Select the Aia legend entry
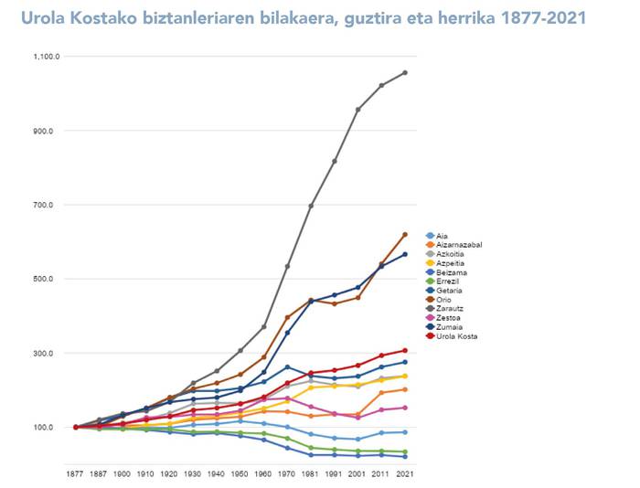point(443,236)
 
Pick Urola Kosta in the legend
point(457,336)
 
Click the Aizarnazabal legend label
point(459,245)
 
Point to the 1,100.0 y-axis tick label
point(47,57)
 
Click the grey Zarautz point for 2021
point(405,72)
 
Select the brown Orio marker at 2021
point(405,235)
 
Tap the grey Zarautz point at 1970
point(287,266)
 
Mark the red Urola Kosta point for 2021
point(405,350)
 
